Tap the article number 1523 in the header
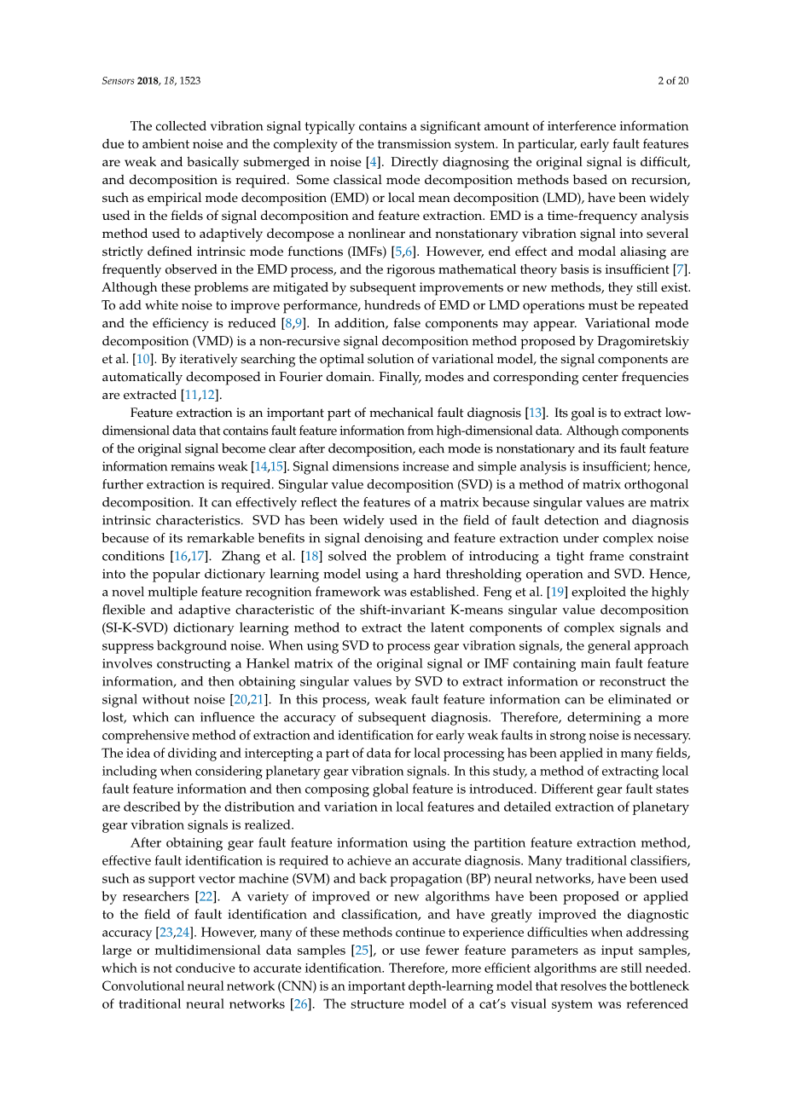click(189, 81)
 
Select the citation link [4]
click(372, 162)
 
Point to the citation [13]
click(536, 413)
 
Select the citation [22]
click(206, 896)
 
